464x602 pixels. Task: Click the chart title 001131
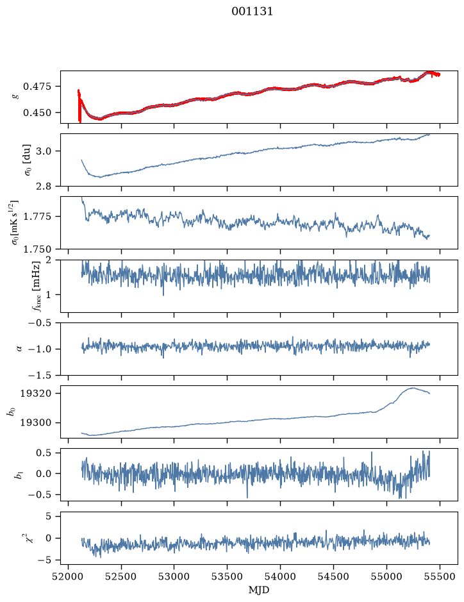(x=252, y=12)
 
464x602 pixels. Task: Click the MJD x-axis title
(x=259, y=590)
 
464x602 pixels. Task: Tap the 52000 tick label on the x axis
(x=69, y=576)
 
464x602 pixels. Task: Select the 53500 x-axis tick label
(x=228, y=576)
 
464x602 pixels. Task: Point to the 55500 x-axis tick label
(x=440, y=576)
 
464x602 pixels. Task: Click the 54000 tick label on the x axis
(x=280, y=576)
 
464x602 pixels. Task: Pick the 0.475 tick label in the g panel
(x=37, y=87)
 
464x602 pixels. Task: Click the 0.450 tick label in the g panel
(x=37, y=113)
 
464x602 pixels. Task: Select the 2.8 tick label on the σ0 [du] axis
(x=44, y=186)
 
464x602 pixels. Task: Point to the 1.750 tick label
(x=37, y=249)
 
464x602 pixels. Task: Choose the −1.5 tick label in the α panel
(x=40, y=375)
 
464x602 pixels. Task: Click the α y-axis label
(x=19, y=349)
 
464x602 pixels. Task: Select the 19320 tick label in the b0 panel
(x=36, y=394)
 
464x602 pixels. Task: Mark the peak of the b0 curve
(x=413, y=388)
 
